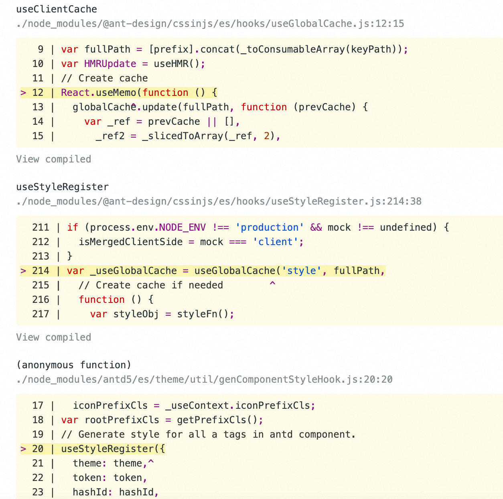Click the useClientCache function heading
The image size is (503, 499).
click(x=57, y=9)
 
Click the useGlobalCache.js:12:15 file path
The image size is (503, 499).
click(x=210, y=24)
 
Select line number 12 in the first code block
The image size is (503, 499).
click(x=38, y=93)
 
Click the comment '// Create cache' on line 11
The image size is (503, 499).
click(x=104, y=78)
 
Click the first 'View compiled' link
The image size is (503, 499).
click(x=53, y=159)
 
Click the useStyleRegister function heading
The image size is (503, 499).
click(x=62, y=187)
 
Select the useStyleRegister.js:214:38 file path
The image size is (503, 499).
click(x=219, y=201)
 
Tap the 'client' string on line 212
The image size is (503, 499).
click(x=276, y=242)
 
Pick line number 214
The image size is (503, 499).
click(x=41, y=271)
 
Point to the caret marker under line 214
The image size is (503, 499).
click(x=272, y=284)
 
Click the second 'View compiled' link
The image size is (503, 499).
click(x=53, y=337)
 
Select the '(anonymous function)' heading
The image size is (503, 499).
click(x=74, y=365)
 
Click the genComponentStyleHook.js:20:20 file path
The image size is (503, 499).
click(x=204, y=379)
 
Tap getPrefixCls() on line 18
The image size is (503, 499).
click(x=217, y=420)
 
